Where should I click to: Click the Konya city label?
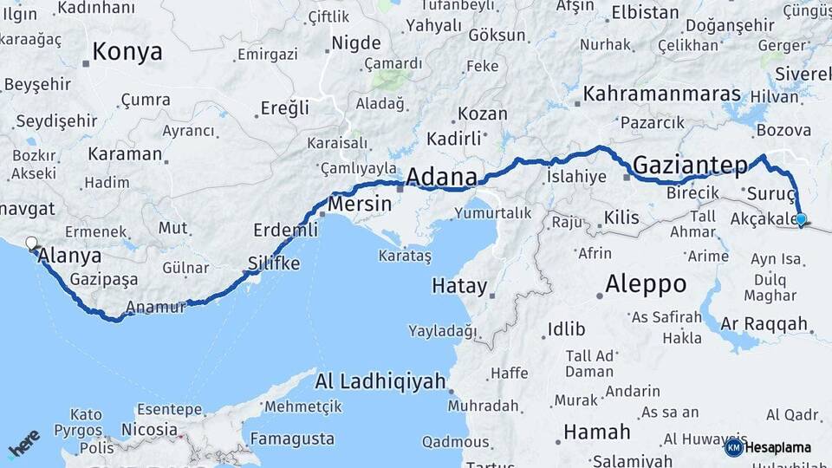click(x=127, y=52)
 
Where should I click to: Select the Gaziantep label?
click(x=690, y=164)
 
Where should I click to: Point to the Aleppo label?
click(x=645, y=283)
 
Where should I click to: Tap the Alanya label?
click(x=70, y=256)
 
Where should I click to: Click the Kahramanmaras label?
click(x=662, y=94)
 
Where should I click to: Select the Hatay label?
click(x=459, y=285)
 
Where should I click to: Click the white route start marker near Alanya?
click(x=32, y=244)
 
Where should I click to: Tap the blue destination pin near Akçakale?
click(x=801, y=220)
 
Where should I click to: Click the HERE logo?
click(x=23, y=444)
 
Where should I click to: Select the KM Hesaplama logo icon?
click(x=733, y=447)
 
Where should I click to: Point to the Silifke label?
click(x=274, y=263)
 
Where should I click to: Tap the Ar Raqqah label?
click(x=764, y=324)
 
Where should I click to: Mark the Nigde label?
click(x=357, y=42)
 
